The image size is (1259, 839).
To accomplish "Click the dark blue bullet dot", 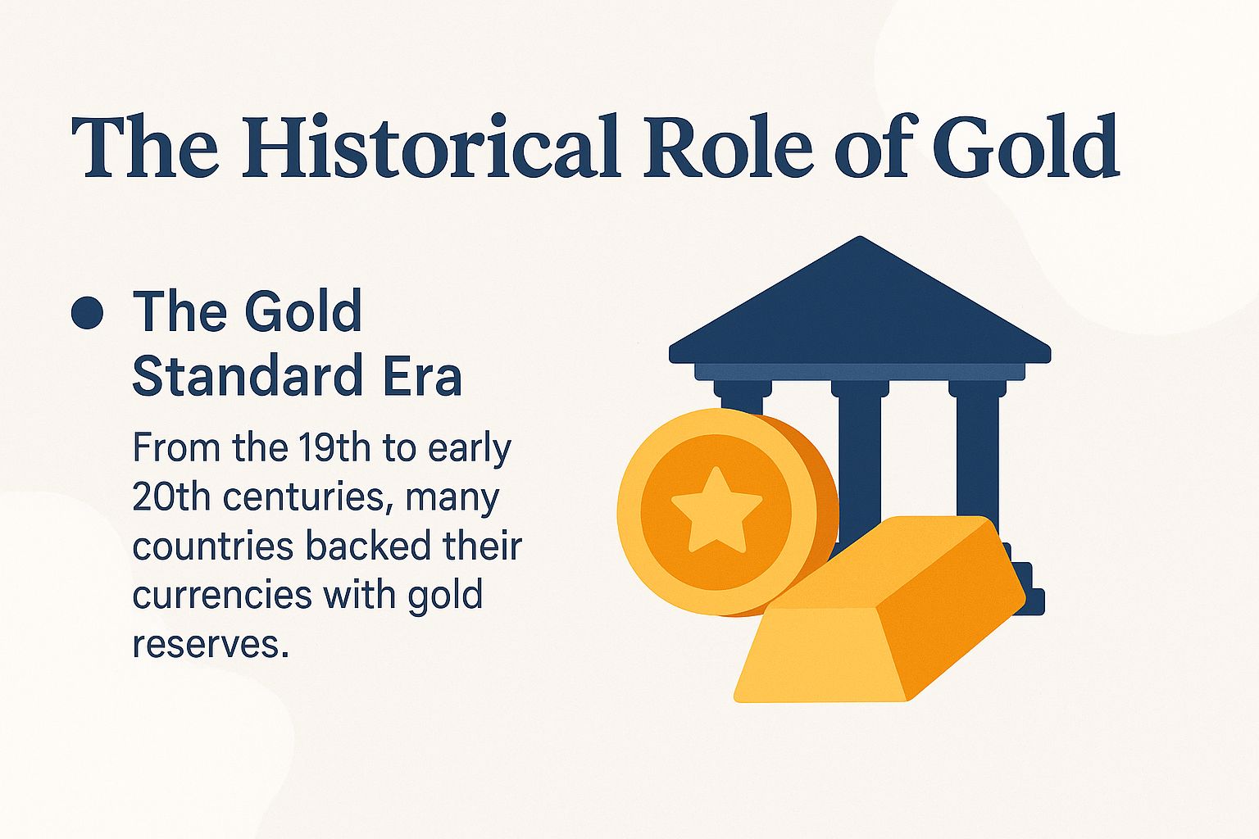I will click(x=87, y=313).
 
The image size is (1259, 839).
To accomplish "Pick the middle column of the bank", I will click(x=859, y=459).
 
